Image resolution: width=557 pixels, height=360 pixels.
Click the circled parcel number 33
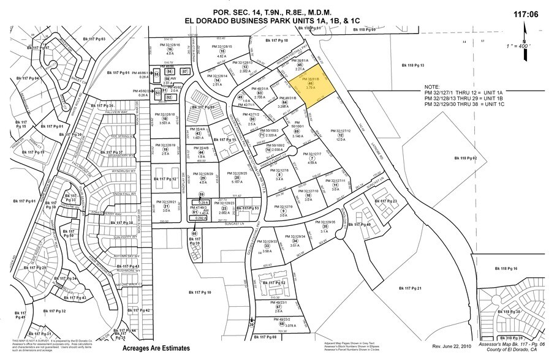267,246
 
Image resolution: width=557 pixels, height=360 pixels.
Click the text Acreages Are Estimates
156,348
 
